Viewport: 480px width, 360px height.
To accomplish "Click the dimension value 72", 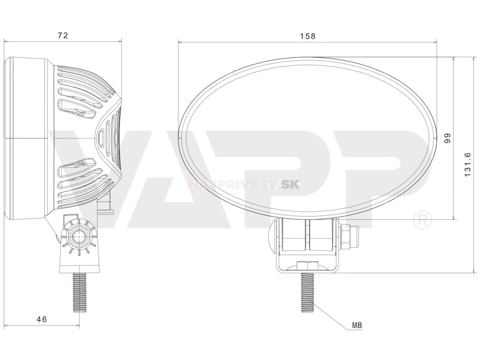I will pyautogui.click(x=62, y=35).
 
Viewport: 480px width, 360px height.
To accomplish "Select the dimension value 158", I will pyautogui.click(x=307, y=36).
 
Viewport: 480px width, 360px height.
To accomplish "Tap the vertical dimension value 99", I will pyautogui.click(x=447, y=138).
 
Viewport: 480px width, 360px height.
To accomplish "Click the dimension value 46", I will pyautogui.click(x=42, y=319).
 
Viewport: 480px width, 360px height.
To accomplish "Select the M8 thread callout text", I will pyautogui.click(x=357, y=325).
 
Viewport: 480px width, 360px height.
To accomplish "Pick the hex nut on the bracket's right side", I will pyautogui.click(x=348, y=237).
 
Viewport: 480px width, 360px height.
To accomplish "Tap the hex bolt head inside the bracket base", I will pyautogui.click(x=306, y=265).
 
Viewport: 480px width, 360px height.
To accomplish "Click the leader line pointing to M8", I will pyautogui.click(x=331, y=317).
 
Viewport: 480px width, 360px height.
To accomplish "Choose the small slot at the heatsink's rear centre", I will pyautogui.click(x=101, y=138).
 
